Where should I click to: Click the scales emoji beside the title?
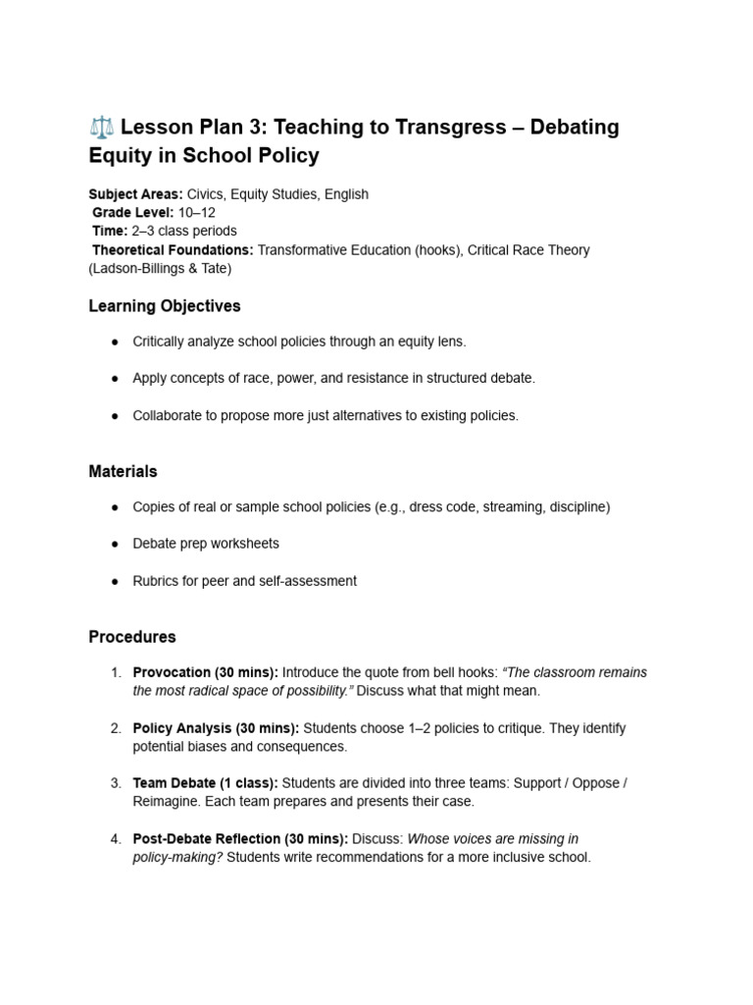pyautogui.click(x=100, y=128)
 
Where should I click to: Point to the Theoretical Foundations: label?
pyautogui.click(x=173, y=250)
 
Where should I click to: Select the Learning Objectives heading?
pyautogui.click(x=165, y=306)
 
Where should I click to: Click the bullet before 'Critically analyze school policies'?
pyautogui.click(x=115, y=342)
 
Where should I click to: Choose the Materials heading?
pyautogui.click(x=123, y=471)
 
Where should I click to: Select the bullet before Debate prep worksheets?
pyautogui.click(x=115, y=544)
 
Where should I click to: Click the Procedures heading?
pyautogui.click(x=132, y=637)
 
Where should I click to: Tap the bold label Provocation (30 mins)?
pyautogui.click(x=206, y=673)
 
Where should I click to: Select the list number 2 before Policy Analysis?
pyautogui.click(x=115, y=728)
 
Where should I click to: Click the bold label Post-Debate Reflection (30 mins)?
pyautogui.click(x=240, y=839)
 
